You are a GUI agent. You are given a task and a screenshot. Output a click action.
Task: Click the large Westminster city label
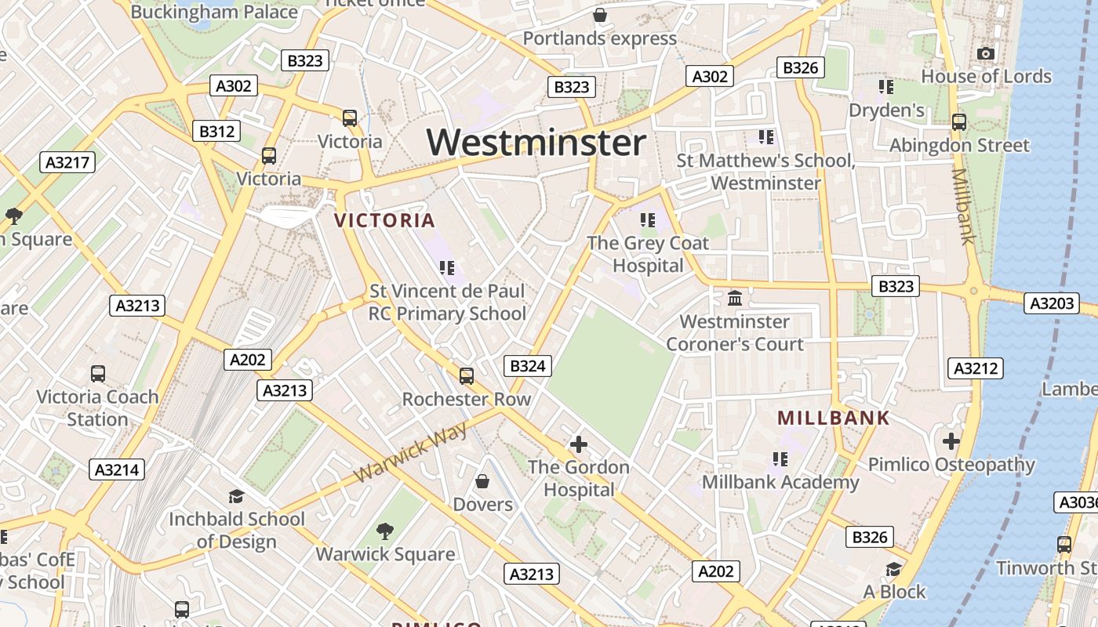536,143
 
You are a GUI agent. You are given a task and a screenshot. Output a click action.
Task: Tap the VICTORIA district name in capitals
384,221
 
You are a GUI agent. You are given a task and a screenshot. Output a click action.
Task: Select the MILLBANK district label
834,418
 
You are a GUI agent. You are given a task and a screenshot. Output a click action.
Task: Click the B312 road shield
216,131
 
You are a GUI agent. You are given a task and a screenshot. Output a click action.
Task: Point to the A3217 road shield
67,162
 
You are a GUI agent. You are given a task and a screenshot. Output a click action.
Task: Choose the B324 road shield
527,365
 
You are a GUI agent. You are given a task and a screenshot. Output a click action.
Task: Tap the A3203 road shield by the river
1051,303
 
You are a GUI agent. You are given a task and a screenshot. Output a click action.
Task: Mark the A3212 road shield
976,368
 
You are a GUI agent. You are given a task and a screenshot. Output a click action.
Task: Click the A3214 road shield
117,469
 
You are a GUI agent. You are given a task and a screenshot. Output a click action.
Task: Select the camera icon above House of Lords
986,54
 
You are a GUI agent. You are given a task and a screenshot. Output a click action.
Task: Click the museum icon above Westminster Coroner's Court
735,299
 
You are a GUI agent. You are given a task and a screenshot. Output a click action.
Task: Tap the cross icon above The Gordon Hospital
579,444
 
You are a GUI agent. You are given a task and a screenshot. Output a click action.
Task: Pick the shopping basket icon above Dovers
482,480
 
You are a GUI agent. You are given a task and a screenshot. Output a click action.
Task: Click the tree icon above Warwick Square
384,531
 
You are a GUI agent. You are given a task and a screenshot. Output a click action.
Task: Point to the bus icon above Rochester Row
467,376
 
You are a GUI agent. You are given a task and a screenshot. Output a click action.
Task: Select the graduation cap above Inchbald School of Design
236,496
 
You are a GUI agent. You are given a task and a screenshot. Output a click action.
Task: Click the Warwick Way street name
410,452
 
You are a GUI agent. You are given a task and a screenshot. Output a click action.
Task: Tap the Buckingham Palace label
214,12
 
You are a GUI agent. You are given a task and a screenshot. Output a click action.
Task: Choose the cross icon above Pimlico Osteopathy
951,441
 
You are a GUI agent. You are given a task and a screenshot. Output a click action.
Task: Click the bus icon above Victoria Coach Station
98,374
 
